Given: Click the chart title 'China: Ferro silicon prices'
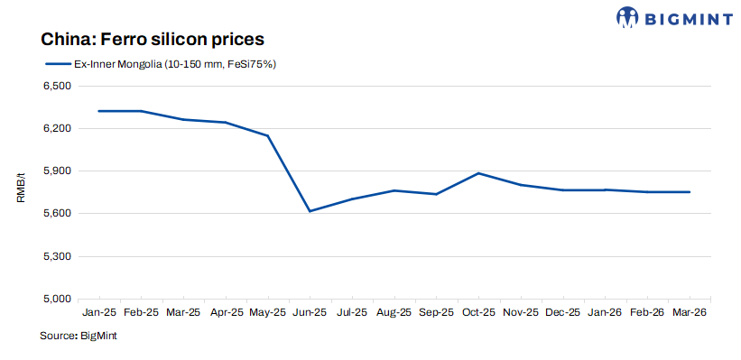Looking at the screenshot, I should coord(151,40).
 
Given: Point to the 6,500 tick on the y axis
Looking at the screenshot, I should coord(57,87).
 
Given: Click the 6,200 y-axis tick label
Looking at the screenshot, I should coord(57,129).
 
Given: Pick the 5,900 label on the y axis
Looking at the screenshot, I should coord(57,171).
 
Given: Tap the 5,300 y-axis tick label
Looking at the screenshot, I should coord(57,256).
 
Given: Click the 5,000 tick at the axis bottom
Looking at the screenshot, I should coord(57,299).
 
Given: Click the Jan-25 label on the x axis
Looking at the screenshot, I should coord(99,313).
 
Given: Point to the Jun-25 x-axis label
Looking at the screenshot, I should coord(310,313).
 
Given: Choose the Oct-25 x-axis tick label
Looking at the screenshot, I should coord(478,313).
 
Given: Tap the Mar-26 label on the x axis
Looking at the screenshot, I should coord(690,313).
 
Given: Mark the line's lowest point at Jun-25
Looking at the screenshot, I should coord(310,211).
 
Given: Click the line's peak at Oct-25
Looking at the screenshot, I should coord(478,173).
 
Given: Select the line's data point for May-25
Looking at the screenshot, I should coord(268,135).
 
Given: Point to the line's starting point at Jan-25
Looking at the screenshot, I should coord(99,111).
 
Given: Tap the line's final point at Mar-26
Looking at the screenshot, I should coord(690,192).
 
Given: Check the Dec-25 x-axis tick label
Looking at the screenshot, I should coord(563,313).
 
